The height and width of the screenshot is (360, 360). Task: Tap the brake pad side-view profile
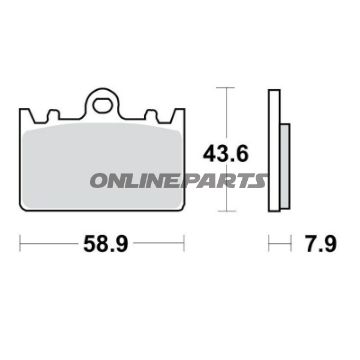273,150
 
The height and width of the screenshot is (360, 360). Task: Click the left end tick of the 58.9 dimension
20,242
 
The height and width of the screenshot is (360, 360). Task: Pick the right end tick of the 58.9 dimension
185,242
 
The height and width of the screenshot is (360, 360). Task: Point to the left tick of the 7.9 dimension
268,242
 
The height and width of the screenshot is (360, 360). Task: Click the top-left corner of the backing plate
24,106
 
